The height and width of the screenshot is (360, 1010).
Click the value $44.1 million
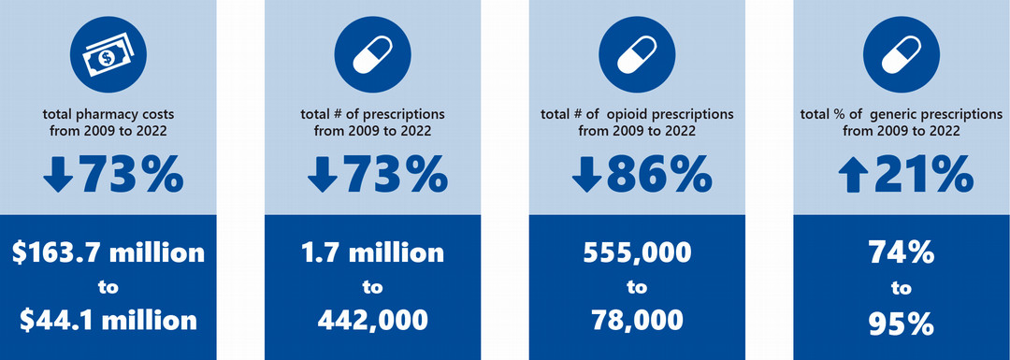click(108, 320)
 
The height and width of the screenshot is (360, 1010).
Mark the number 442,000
click(372, 320)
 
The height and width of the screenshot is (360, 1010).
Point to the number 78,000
click(637, 320)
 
